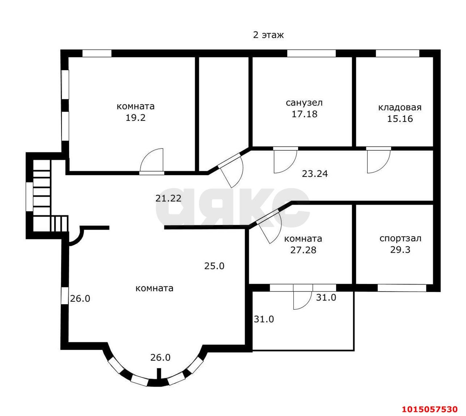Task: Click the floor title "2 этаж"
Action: click(x=268, y=35)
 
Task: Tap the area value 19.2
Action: click(x=135, y=118)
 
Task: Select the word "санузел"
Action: click(x=304, y=103)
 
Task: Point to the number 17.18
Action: click(x=304, y=114)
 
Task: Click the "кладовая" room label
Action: click(x=400, y=107)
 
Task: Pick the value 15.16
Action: click(x=400, y=119)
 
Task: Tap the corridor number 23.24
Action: click(x=315, y=174)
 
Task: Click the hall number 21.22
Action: click(x=168, y=198)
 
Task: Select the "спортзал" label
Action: click(x=400, y=238)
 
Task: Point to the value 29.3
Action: click(x=400, y=250)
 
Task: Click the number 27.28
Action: click(x=303, y=250)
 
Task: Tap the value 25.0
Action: click(x=214, y=266)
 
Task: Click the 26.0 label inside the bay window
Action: click(x=160, y=358)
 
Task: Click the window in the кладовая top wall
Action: click(x=398, y=54)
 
